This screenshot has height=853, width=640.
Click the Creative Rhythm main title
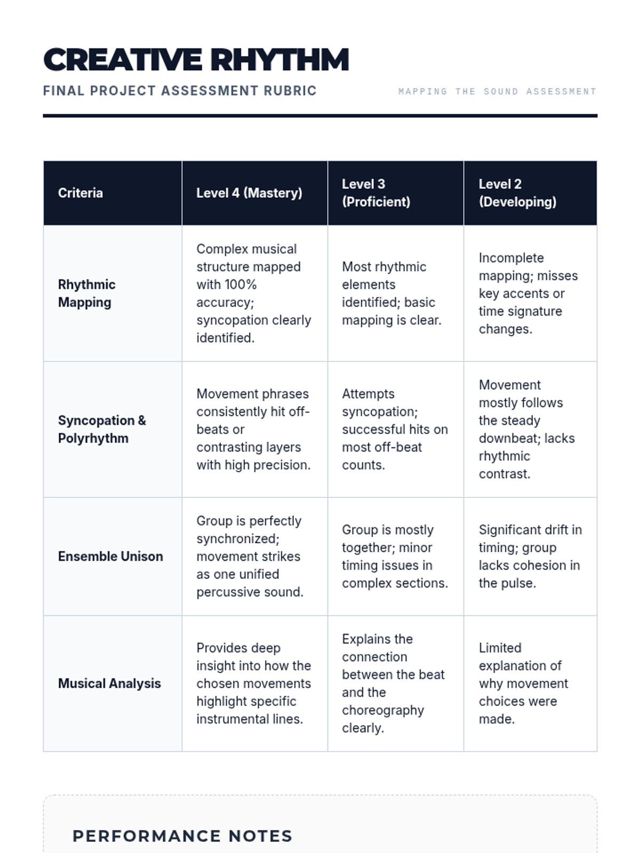(196, 60)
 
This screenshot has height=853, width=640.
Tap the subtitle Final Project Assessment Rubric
(180, 91)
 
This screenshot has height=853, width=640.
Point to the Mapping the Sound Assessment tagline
(497, 92)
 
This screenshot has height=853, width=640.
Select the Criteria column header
(81, 193)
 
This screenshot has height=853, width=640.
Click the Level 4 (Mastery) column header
(249, 193)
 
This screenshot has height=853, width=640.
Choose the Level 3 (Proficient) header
(376, 193)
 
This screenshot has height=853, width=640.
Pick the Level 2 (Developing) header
(517, 193)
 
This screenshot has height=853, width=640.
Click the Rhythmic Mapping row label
(86, 293)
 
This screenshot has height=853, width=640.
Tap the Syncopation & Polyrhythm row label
(101, 429)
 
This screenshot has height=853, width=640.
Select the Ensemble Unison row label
(110, 557)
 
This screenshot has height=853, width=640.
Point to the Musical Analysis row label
(109, 683)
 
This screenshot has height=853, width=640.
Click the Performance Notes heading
(182, 836)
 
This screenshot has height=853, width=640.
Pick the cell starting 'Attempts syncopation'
(395, 429)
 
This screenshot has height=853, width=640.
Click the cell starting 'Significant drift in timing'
(530, 557)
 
